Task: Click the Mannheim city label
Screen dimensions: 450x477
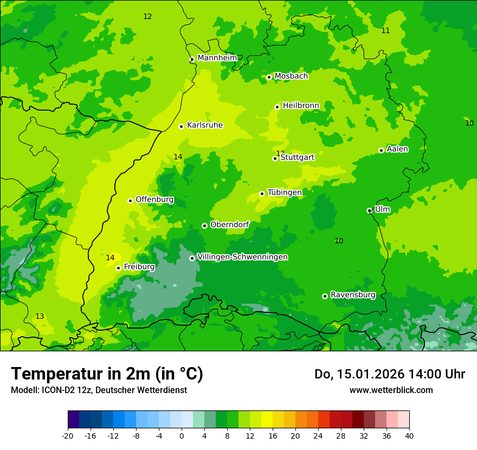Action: point(217,57)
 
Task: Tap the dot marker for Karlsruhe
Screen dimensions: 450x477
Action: point(182,126)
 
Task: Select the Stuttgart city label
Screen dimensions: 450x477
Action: point(297,157)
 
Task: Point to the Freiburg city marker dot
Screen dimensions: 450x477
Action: point(118,268)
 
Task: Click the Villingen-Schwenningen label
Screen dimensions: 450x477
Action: point(242,257)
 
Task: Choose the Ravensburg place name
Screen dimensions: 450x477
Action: point(353,295)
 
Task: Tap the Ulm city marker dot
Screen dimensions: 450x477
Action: point(369,210)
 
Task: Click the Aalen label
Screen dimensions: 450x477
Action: point(397,149)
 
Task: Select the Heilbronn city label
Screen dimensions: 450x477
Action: point(301,105)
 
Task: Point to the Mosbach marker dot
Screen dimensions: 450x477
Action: point(269,77)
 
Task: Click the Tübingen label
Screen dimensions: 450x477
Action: point(285,192)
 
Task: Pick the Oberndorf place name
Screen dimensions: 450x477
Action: point(229,224)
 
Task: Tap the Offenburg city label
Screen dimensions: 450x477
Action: point(154,200)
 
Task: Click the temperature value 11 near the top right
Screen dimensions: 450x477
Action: point(385,30)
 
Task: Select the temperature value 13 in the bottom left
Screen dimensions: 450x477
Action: point(40,316)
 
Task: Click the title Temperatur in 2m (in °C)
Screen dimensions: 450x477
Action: point(107,374)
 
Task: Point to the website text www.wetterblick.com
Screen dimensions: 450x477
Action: point(391,390)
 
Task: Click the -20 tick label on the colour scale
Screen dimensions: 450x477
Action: point(68,435)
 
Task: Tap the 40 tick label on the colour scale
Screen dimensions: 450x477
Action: point(409,435)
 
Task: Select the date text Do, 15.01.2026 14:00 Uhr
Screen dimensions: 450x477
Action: point(389,374)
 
